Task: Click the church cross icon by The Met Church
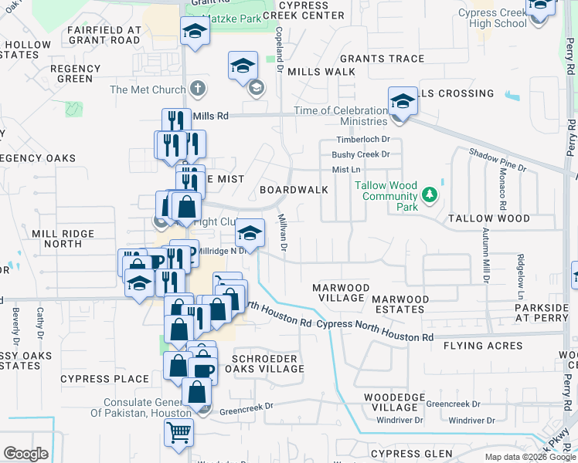198,89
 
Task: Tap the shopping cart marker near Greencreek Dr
179,432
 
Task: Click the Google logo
25,453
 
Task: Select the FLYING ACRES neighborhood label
483,346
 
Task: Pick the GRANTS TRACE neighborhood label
382,59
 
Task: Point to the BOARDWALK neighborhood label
294,189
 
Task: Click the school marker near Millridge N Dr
250,231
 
